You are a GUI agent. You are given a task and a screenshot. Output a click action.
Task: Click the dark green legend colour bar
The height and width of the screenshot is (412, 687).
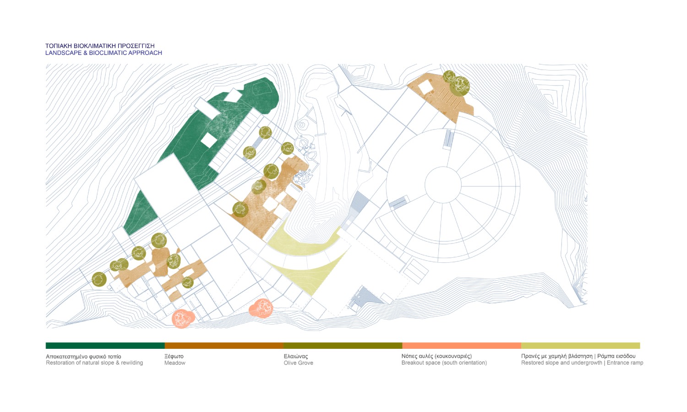click(x=105, y=346)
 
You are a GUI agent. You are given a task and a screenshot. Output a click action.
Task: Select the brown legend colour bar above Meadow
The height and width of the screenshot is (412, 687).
click(x=224, y=346)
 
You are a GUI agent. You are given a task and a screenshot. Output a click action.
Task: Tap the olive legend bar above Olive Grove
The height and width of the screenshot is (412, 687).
click(x=343, y=346)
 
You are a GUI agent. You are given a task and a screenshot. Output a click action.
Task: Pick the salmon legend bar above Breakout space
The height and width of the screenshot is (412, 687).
click(x=462, y=346)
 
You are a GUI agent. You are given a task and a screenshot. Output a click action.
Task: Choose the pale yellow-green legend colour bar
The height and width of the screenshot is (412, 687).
click(x=581, y=346)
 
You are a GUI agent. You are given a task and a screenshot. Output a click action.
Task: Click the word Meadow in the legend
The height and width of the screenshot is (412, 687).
click(x=175, y=363)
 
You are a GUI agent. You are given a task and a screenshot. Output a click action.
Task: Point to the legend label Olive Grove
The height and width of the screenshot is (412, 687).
click(x=299, y=363)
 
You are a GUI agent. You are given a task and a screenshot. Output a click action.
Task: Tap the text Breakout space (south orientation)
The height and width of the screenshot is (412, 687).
click(x=444, y=363)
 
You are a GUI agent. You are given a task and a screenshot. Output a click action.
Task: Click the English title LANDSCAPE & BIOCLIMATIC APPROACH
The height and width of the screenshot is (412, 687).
click(x=104, y=53)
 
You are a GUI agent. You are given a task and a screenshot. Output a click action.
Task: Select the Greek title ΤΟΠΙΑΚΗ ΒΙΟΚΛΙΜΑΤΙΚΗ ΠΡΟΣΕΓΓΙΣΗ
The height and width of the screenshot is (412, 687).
click(x=100, y=46)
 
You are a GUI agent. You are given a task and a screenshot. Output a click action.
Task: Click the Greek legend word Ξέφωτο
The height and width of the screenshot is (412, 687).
click(x=174, y=356)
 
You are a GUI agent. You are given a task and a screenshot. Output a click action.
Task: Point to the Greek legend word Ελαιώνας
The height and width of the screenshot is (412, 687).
click(x=296, y=356)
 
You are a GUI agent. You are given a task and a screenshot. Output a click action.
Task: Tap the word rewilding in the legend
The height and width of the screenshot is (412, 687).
click(x=132, y=363)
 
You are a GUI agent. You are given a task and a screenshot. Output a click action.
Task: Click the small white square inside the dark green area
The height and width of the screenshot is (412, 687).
click(x=209, y=140)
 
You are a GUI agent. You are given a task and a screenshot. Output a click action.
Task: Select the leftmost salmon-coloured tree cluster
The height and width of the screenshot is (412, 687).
click(x=183, y=319)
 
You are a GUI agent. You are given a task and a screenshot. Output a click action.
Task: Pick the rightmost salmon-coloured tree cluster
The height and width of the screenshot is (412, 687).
click(x=261, y=308)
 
